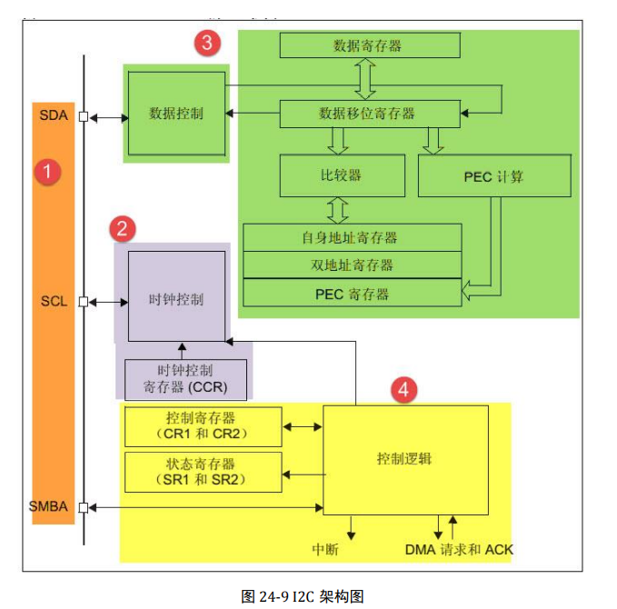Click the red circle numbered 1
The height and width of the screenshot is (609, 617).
[47, 172]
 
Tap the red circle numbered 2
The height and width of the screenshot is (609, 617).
[123, 228]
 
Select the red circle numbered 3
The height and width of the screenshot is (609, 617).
[208, 42]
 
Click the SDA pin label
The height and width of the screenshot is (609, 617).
[54, 116]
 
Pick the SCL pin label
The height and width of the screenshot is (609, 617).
[54, 302]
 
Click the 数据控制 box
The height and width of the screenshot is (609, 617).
[176, 114]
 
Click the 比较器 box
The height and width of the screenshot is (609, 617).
[339, 175]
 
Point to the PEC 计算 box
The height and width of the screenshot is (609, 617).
[494, 175]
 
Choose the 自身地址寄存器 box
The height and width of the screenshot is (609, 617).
[352, 237]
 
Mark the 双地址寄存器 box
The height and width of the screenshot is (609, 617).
[352, 265]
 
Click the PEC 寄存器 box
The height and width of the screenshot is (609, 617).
[352, 294]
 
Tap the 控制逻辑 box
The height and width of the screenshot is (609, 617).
[405, 459]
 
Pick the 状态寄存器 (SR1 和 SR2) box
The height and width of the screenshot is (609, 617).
[202, 472]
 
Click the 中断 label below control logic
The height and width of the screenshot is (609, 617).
[324, 549]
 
